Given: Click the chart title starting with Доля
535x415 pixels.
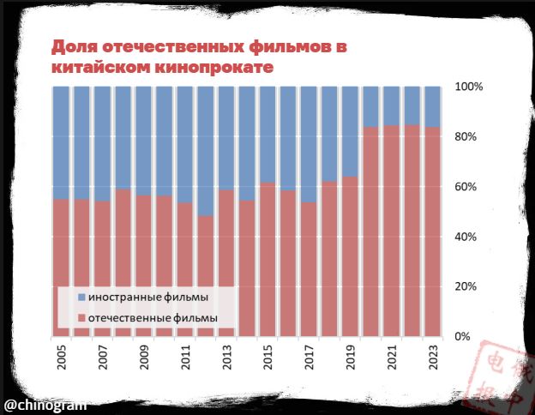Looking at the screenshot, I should click(x=199, y=57).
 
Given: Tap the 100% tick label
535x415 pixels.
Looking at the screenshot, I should click(x=469, y=87).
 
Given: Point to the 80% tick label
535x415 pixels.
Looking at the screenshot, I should click(x=469, y=137).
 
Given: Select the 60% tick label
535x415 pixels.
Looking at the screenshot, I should click(x=469, y=187).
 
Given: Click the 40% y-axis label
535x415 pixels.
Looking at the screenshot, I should click(x=469, y=237).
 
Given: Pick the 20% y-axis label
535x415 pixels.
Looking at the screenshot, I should click(x=469, y=286).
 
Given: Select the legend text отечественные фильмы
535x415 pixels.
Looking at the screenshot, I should click(x=152, y=318).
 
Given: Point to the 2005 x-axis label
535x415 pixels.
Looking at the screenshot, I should click(x=62, y=359).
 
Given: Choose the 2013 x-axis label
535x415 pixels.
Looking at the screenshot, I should click(x=227, y=359).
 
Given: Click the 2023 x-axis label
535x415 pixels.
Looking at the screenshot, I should click(x=433, y=359).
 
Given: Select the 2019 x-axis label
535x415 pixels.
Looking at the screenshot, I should click(x=351, y=359).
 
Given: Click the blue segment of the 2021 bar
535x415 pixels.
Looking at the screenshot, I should click(x=392, y=105).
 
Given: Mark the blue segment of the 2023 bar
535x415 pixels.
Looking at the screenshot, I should click(x=433, y=106).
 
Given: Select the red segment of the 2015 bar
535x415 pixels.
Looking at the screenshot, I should click(x=268, y=257).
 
